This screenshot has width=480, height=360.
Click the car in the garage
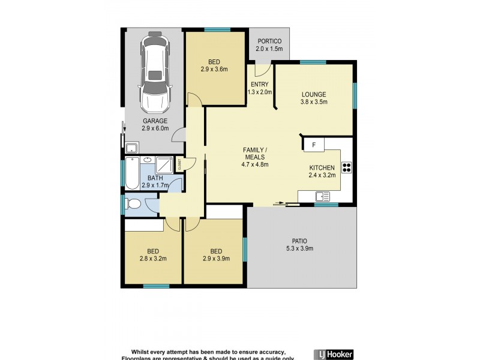(x=155, y=74)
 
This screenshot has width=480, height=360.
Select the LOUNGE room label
(x=313, y=94)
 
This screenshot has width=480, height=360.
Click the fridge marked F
(x=313, y=145)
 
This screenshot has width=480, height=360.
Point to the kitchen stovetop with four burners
(x=347, y=167)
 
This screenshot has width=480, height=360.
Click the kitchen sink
(x=323, y=195)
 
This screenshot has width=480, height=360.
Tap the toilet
(x=133, y=205)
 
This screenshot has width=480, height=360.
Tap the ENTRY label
(x=260, y=85)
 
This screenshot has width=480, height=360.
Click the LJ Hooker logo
(x=334, y=353)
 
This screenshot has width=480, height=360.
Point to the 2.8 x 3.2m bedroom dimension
(x=152, y=259)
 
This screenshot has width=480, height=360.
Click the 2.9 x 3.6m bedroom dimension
(x=215, y=70)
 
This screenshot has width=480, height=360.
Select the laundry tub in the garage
(x=131, y=148)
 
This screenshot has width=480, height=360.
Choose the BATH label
(x=155, y=178)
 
